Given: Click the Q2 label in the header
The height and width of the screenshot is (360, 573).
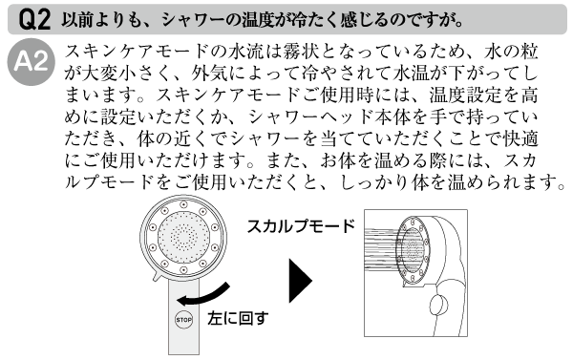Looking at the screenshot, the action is point(34,20).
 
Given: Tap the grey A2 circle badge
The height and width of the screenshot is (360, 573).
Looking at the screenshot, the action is point(32,62).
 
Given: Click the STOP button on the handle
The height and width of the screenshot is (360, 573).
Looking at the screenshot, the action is point(183,320).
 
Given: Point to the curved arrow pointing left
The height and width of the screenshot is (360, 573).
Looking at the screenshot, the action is point(202,296).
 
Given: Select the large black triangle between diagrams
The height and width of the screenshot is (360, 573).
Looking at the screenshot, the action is point(301,281).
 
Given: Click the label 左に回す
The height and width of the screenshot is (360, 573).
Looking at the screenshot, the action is point(238,318).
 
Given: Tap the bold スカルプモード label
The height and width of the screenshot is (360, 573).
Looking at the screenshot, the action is point(301,226).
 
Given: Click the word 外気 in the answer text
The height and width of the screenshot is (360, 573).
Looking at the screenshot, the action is point(210,74).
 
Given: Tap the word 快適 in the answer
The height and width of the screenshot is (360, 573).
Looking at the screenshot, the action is point(520,139).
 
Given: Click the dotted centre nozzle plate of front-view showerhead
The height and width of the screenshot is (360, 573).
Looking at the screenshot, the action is point(183,237).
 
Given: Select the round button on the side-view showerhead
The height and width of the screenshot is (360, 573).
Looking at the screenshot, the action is point(437,305).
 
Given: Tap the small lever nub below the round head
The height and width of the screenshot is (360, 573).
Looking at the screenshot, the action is point(158,277).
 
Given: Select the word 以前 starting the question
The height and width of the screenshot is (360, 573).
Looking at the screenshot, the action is point(77,20).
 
